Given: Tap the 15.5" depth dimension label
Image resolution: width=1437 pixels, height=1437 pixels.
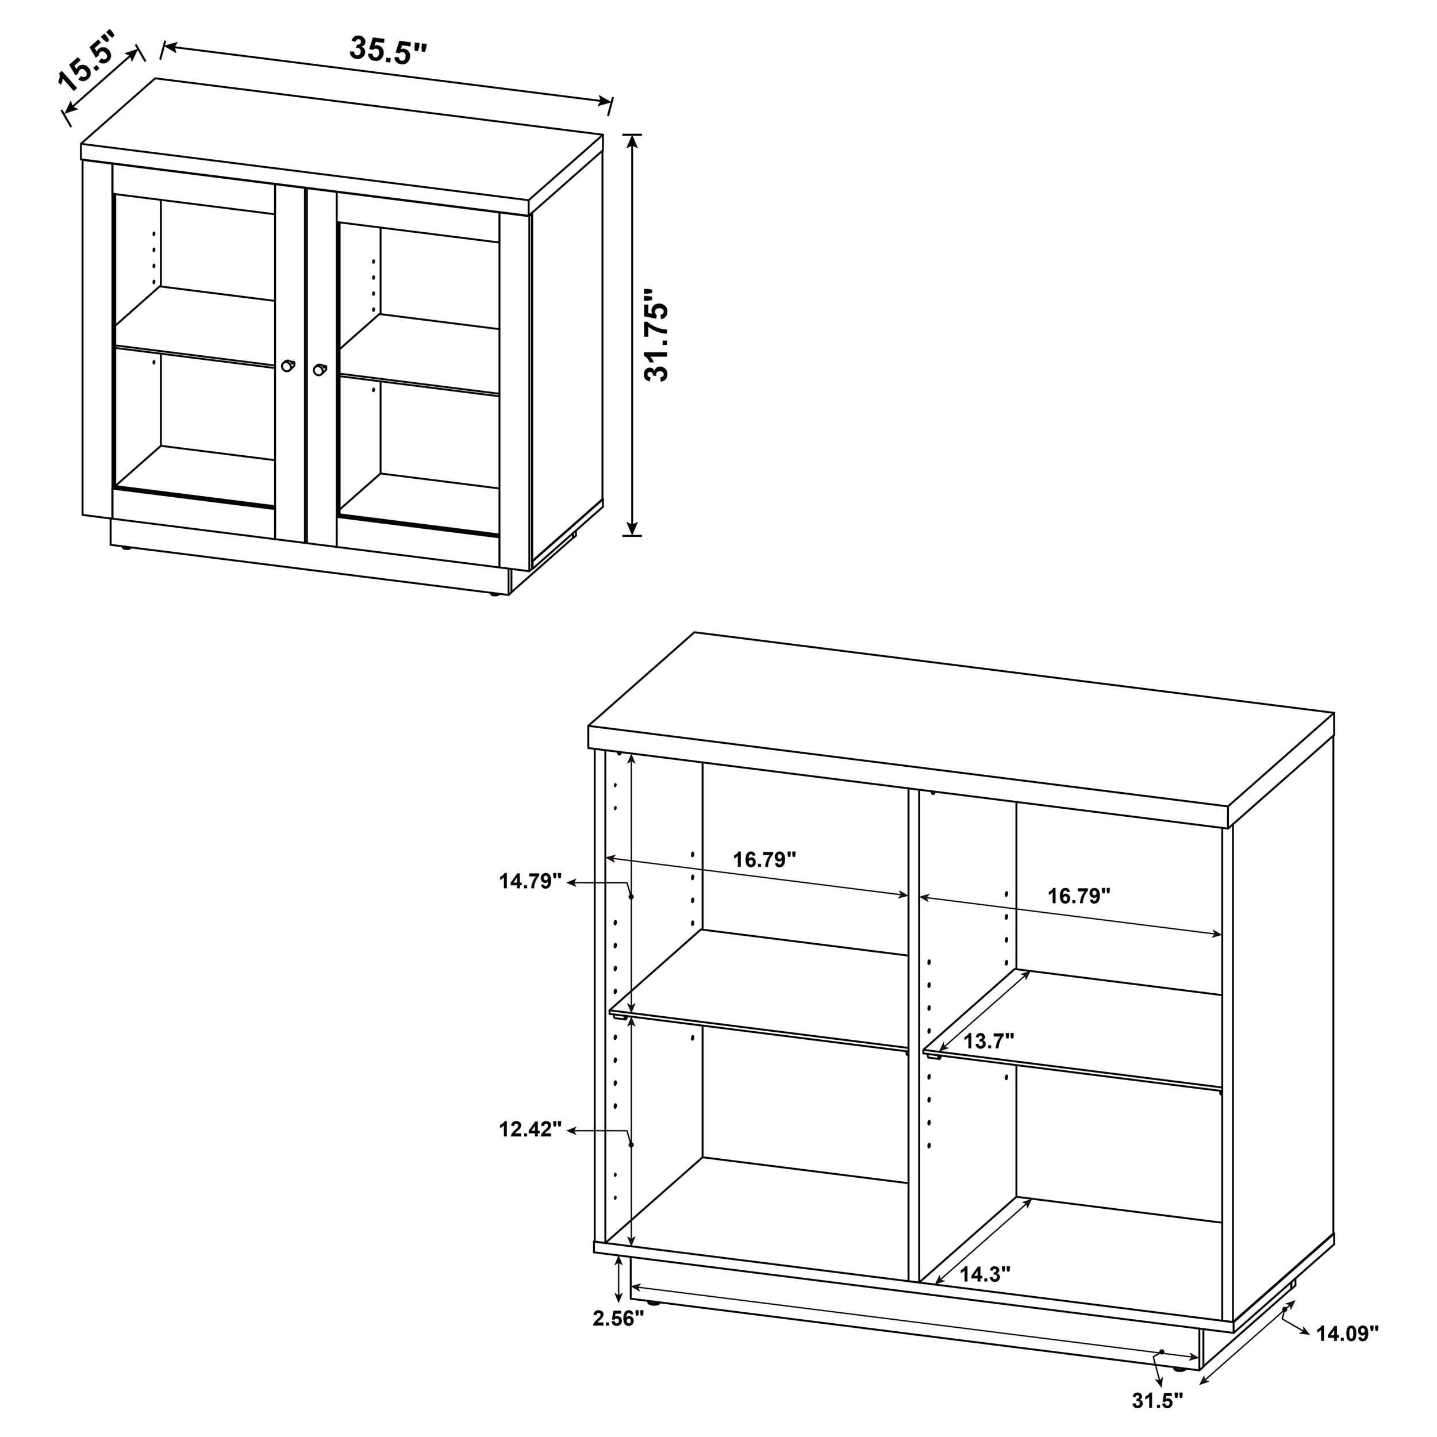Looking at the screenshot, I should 88,60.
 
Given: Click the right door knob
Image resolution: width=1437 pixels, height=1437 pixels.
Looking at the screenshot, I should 320,369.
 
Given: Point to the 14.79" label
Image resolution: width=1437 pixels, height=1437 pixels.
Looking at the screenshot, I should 529,881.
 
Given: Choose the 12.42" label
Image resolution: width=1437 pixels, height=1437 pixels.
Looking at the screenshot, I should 529,1130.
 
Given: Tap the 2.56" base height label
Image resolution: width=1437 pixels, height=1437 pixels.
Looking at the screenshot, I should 617,1319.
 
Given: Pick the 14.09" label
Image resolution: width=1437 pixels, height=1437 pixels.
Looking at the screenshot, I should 1347,1334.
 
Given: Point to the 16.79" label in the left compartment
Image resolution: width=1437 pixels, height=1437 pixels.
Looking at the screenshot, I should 764,860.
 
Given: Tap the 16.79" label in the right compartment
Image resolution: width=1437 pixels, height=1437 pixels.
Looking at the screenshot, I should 1078,896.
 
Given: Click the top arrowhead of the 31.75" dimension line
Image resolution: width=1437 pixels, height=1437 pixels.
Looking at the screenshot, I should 632,140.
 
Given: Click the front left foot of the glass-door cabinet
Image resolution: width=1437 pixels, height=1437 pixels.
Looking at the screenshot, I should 125,548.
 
